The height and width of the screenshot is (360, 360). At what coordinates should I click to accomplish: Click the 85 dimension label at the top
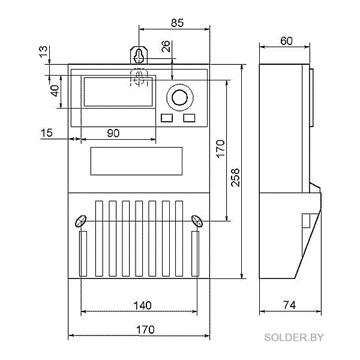[177, 23]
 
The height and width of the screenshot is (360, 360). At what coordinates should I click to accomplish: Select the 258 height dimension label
[235, 178]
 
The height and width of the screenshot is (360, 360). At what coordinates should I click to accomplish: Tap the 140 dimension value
[143, 305]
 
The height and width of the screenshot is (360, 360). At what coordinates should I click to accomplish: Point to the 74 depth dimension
[290, 305]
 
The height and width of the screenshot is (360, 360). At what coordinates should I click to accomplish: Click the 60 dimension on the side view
[287, 41]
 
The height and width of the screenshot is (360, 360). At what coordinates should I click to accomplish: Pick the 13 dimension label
[43, 52]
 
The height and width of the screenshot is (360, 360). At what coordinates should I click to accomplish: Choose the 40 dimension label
[55, 91]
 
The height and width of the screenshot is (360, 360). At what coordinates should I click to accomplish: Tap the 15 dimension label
[47, 133]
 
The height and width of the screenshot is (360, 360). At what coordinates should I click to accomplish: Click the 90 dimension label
[113, 133]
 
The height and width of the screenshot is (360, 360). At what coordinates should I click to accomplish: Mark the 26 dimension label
[166, 46]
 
